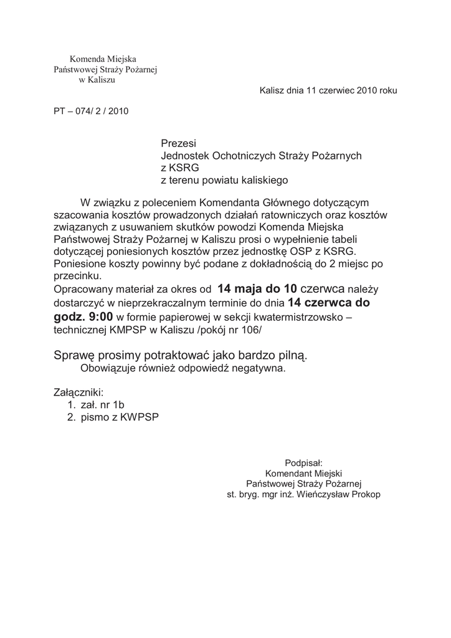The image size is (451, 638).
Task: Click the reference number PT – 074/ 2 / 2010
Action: coord(91,112)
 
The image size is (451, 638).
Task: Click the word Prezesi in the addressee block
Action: coord(178,144)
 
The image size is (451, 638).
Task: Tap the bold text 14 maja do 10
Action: coord(257,288)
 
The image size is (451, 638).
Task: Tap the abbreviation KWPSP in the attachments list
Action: coord(140,418)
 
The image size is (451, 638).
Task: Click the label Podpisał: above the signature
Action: coord(303,463)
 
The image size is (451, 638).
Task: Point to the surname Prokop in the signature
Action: coord(365,495)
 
